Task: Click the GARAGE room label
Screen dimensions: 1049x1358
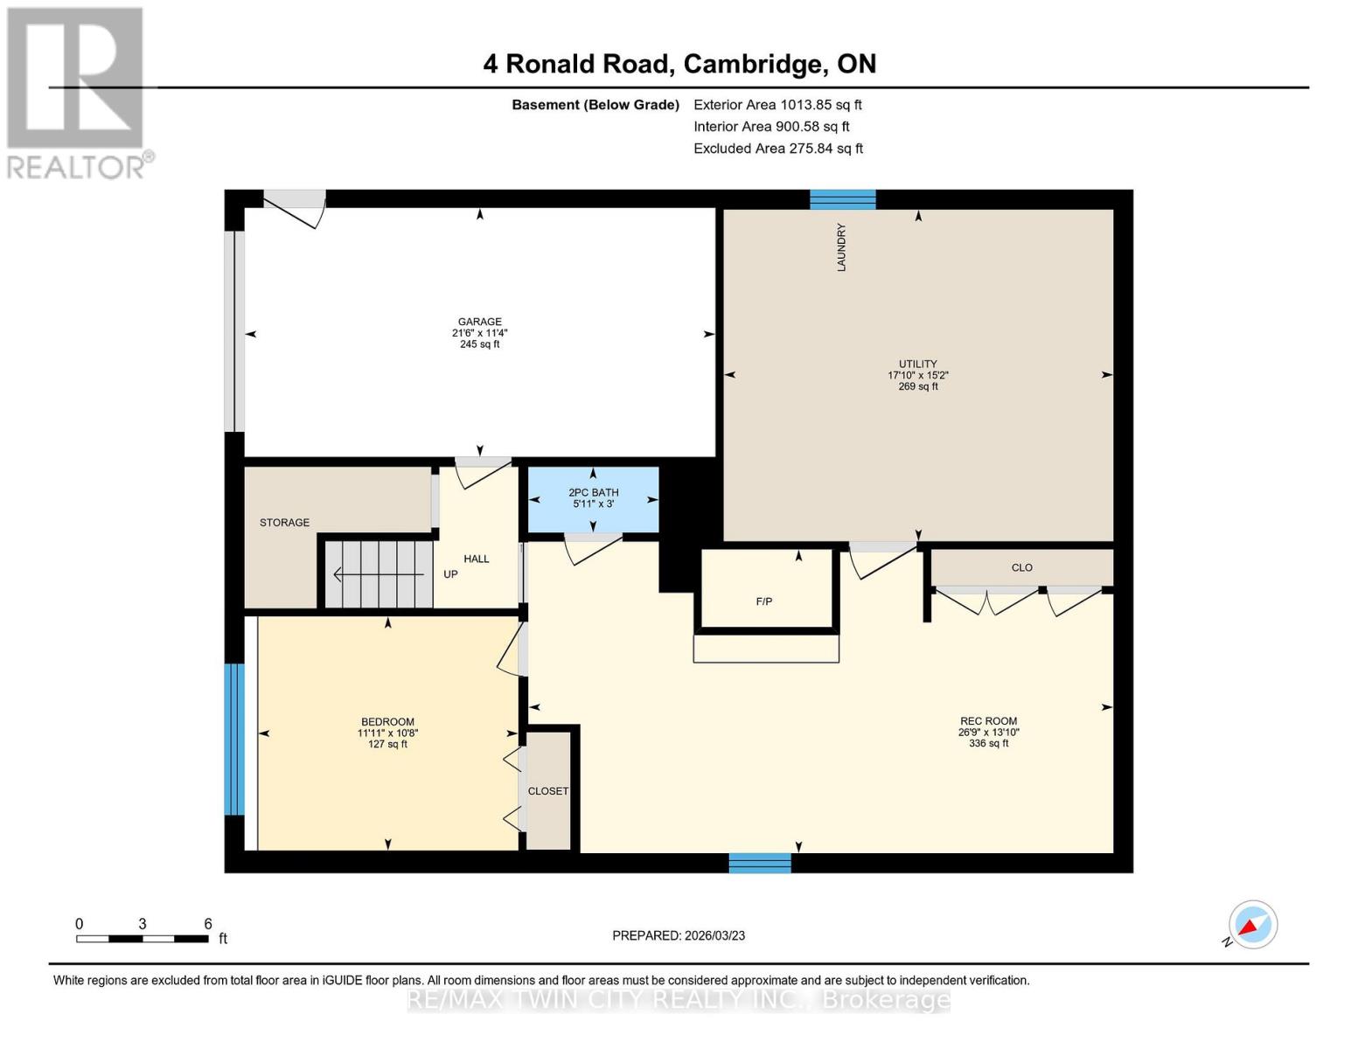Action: point(479,322)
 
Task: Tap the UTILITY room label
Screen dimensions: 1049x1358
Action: point(917,364)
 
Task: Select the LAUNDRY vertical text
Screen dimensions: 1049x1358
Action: point(841,247)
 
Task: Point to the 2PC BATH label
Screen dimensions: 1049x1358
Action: point(593,493)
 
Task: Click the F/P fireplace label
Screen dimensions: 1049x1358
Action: point(763,601)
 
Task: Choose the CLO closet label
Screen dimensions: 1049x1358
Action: point(1021,567)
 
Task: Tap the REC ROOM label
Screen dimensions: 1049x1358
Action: point(988,721)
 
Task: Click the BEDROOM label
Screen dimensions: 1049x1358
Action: point(387,722)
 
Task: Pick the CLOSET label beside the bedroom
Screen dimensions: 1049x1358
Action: point(548,791)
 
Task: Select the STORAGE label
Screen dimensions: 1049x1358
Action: point(284,523)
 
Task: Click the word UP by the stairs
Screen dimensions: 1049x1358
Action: point(450,574)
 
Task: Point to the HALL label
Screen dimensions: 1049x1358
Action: point(477,559)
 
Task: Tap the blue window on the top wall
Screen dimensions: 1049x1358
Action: point(842,199)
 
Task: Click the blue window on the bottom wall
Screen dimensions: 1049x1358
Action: point(760,863)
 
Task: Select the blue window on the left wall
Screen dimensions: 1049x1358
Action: point(233,739)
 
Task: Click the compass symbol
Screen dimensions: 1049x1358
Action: point(1252,925)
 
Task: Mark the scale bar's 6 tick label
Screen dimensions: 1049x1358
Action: point(208,923)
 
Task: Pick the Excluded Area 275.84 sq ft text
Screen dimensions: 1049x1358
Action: point(777,149)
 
